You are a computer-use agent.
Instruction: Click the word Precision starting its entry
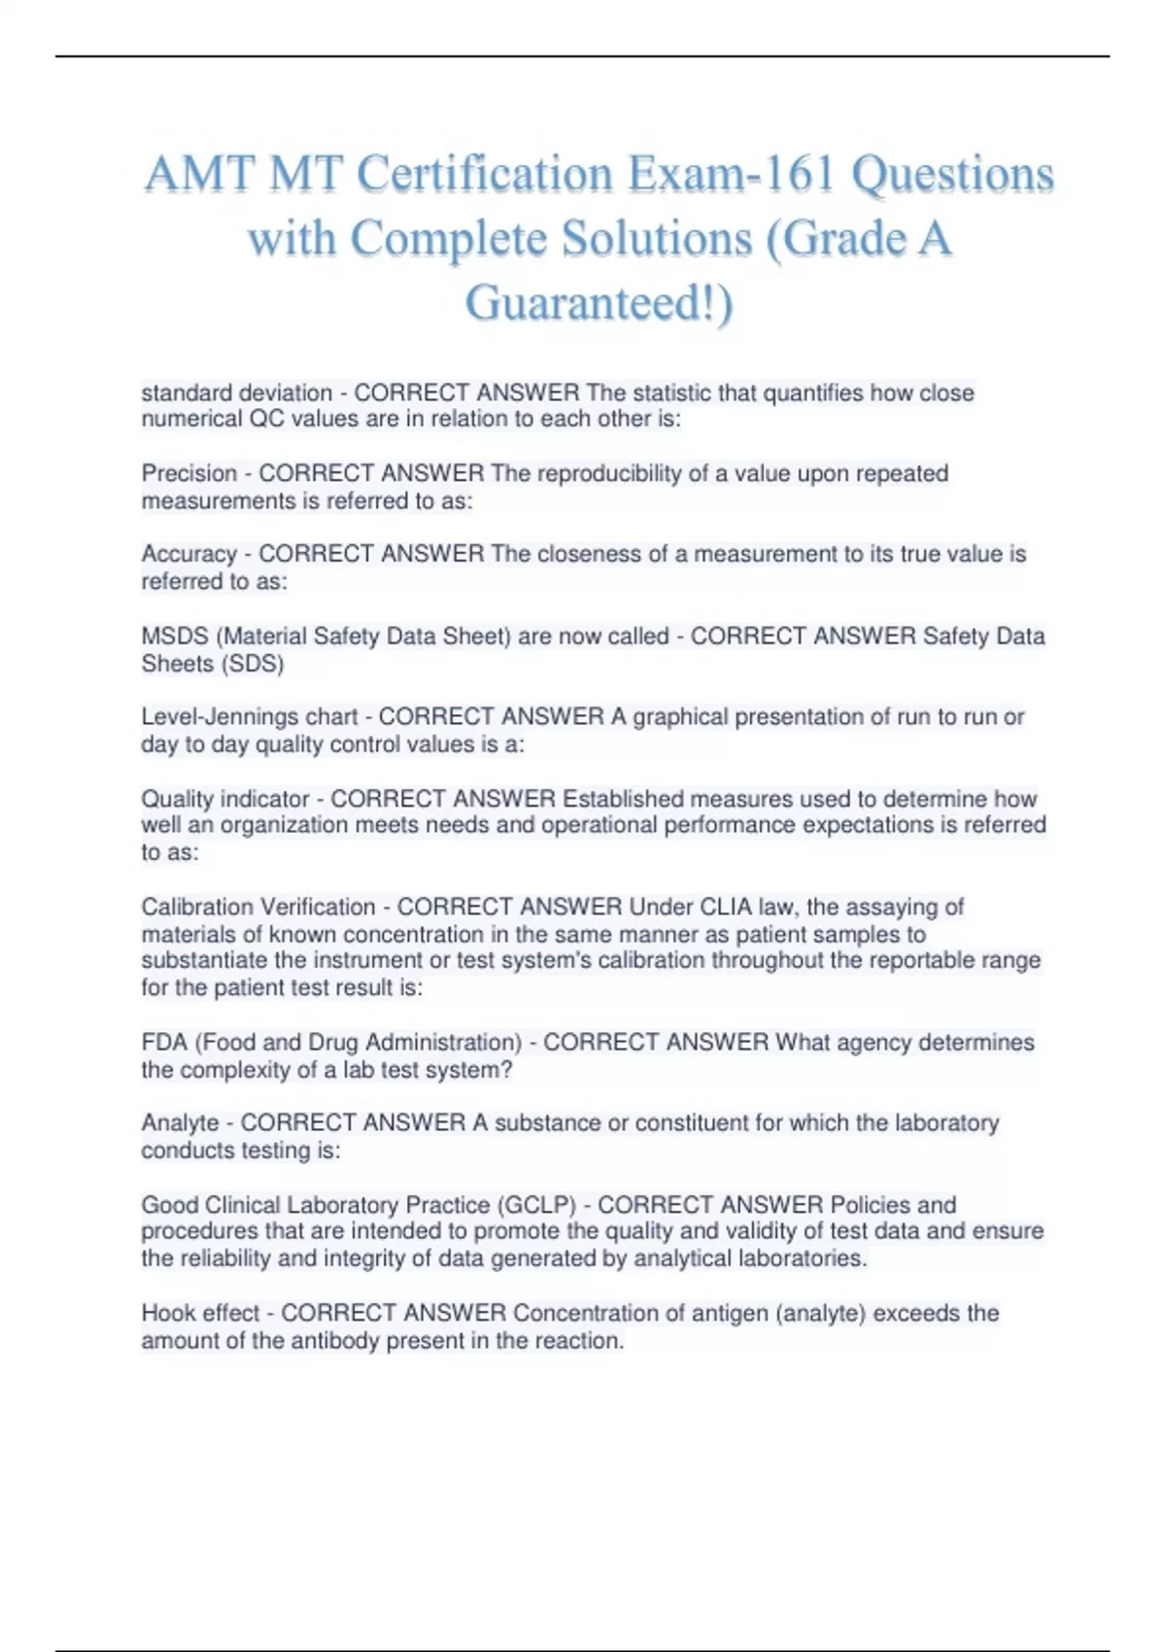[x=189, y=473]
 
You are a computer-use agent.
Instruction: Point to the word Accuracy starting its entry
[x=189, y=554]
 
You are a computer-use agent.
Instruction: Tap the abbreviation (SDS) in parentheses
[x=254, y=664]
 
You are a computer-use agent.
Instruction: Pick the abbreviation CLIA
[x=724, y=907]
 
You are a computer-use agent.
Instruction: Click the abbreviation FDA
[x=164, y=1043]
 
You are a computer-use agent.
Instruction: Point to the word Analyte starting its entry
[x=181, y=1123]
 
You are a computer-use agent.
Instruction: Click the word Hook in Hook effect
[x=167, y=1313]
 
